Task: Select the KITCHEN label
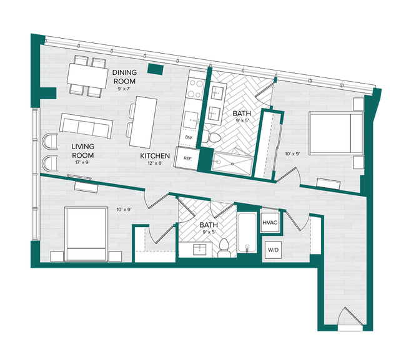tap(156, 156)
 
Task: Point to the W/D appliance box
tap(273, 250)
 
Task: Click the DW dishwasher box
tap(188, 137)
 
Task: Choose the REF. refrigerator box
tap(186, 159)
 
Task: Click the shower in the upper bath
tap(232, 162)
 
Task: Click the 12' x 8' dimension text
tap(156, 164)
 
